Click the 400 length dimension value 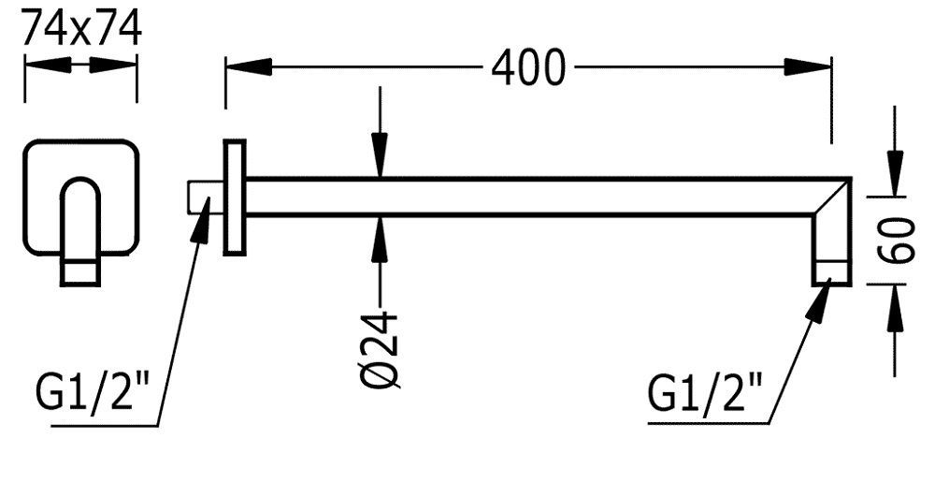[x=528, y=67]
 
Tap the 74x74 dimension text [x=81, y=29]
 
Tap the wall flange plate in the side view [x=234, y=197]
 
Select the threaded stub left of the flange [x=205, y=197]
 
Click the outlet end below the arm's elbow [x=831, y=269]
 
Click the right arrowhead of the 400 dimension [x=808, y=67]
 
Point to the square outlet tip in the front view [x=80, y=271]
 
